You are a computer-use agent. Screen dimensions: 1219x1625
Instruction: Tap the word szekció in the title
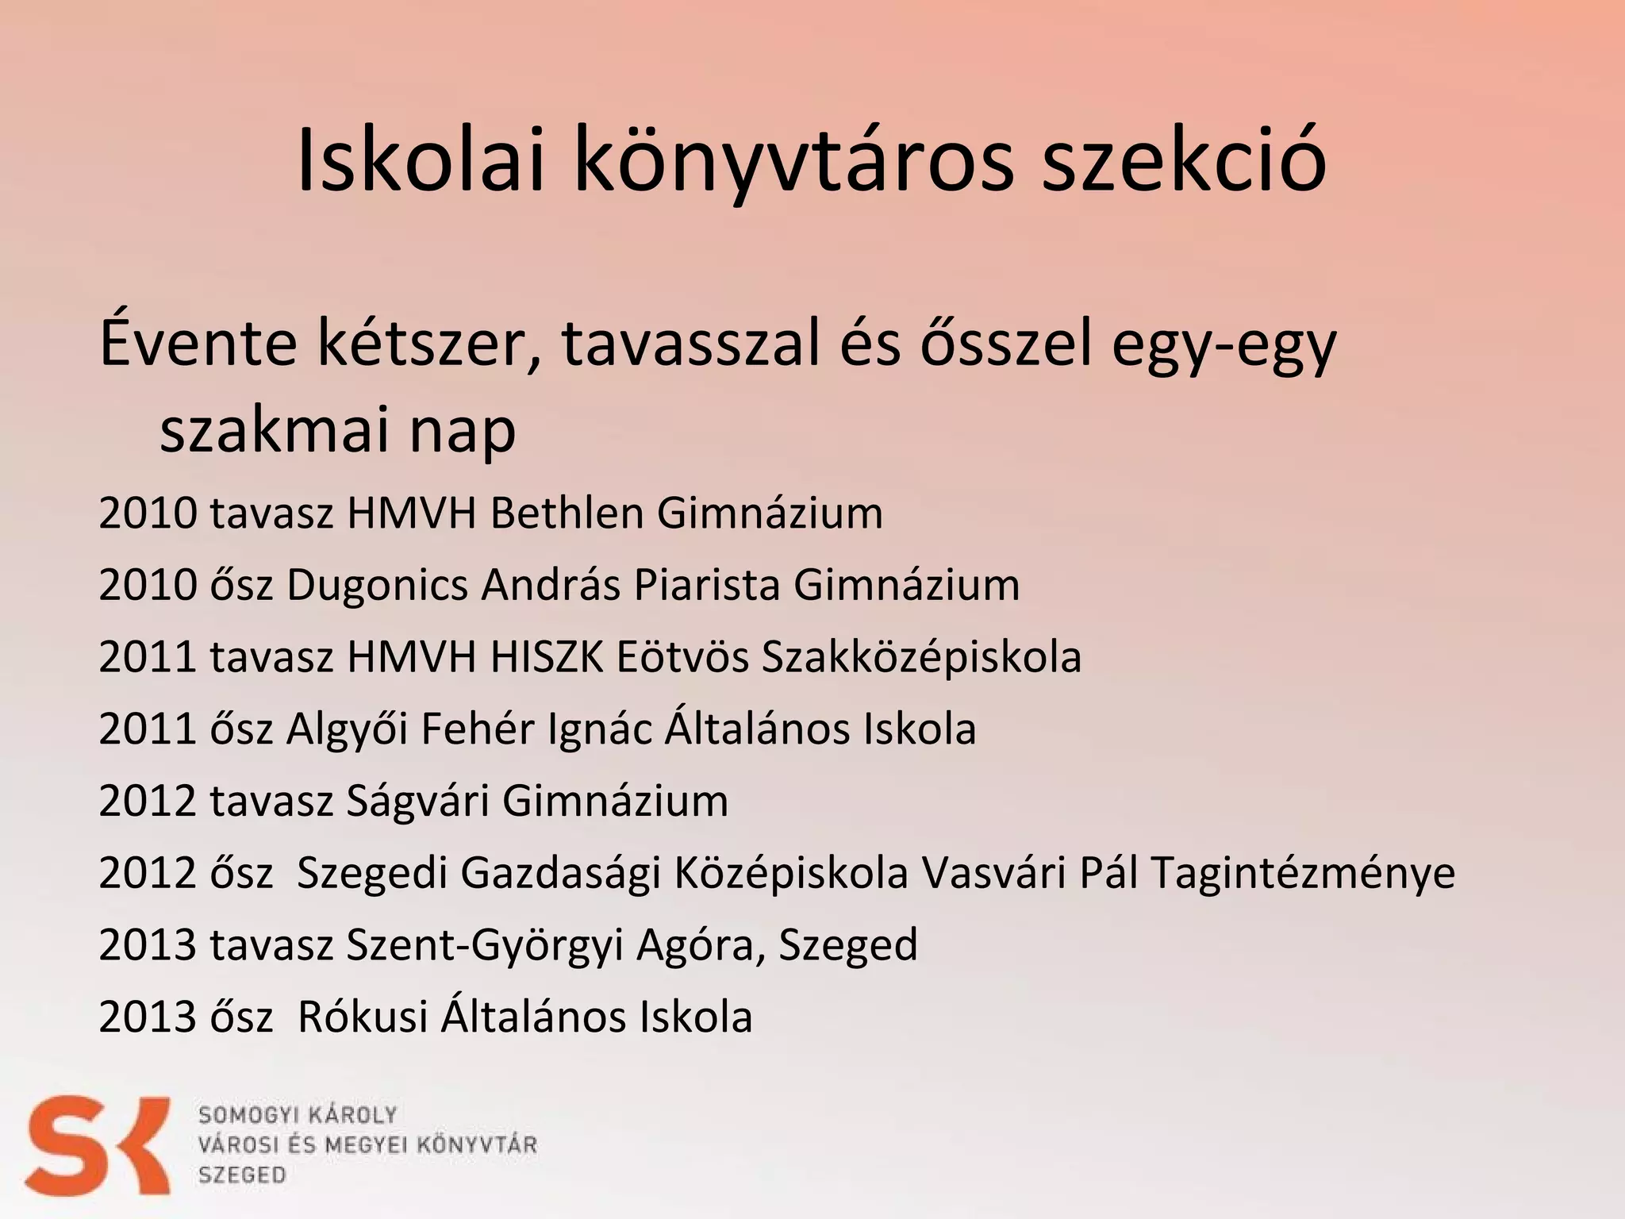pos(1183,162)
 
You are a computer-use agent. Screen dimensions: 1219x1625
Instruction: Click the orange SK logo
pos(97,1144)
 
